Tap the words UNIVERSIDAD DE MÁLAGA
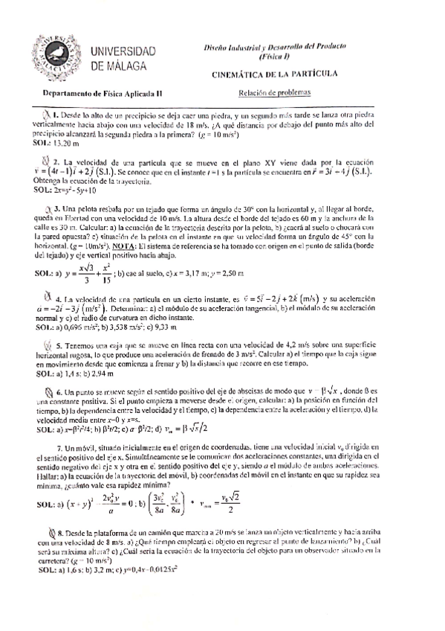[x=121, y=58]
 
